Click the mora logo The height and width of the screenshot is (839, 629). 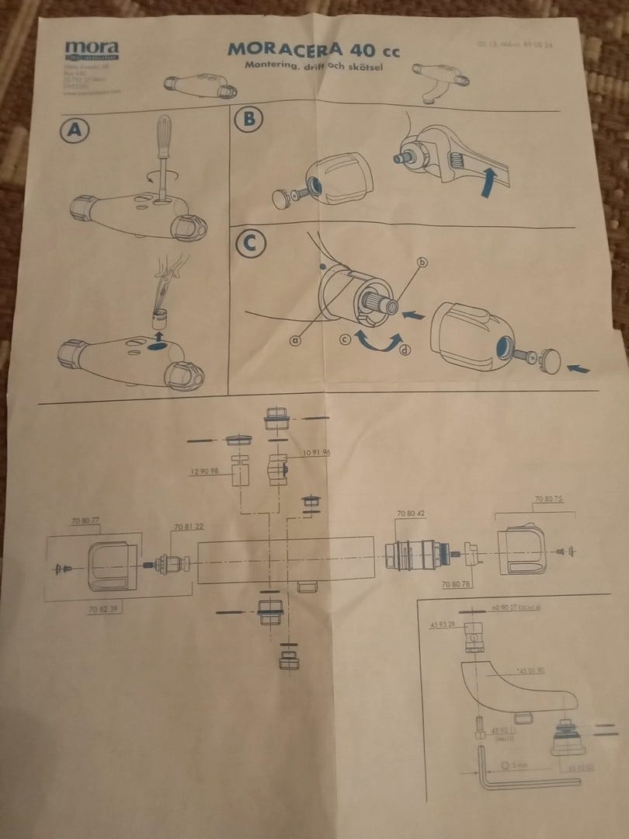point(91,49)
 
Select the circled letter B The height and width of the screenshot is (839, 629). point(248,120)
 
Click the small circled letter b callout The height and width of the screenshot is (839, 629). point(423,263)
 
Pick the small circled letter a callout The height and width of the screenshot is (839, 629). point(295,338)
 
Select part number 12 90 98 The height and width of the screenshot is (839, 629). point(204,471)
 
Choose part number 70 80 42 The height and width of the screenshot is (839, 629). point(411,514)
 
